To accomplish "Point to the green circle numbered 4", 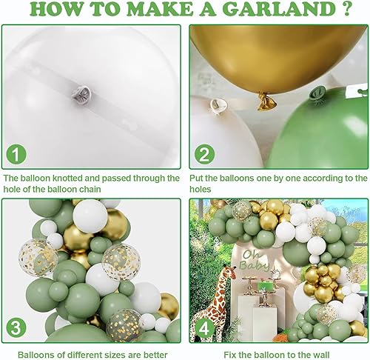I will pos(205,327).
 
